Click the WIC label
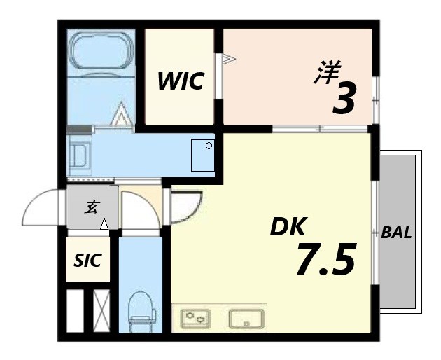click(180, 81)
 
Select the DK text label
click(288, 228)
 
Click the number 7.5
click(325, 259)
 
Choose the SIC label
click(88, 261)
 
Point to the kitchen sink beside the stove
click(246, 318)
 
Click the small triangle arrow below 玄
click(104, 224)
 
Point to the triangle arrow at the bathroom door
click(122, 114)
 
